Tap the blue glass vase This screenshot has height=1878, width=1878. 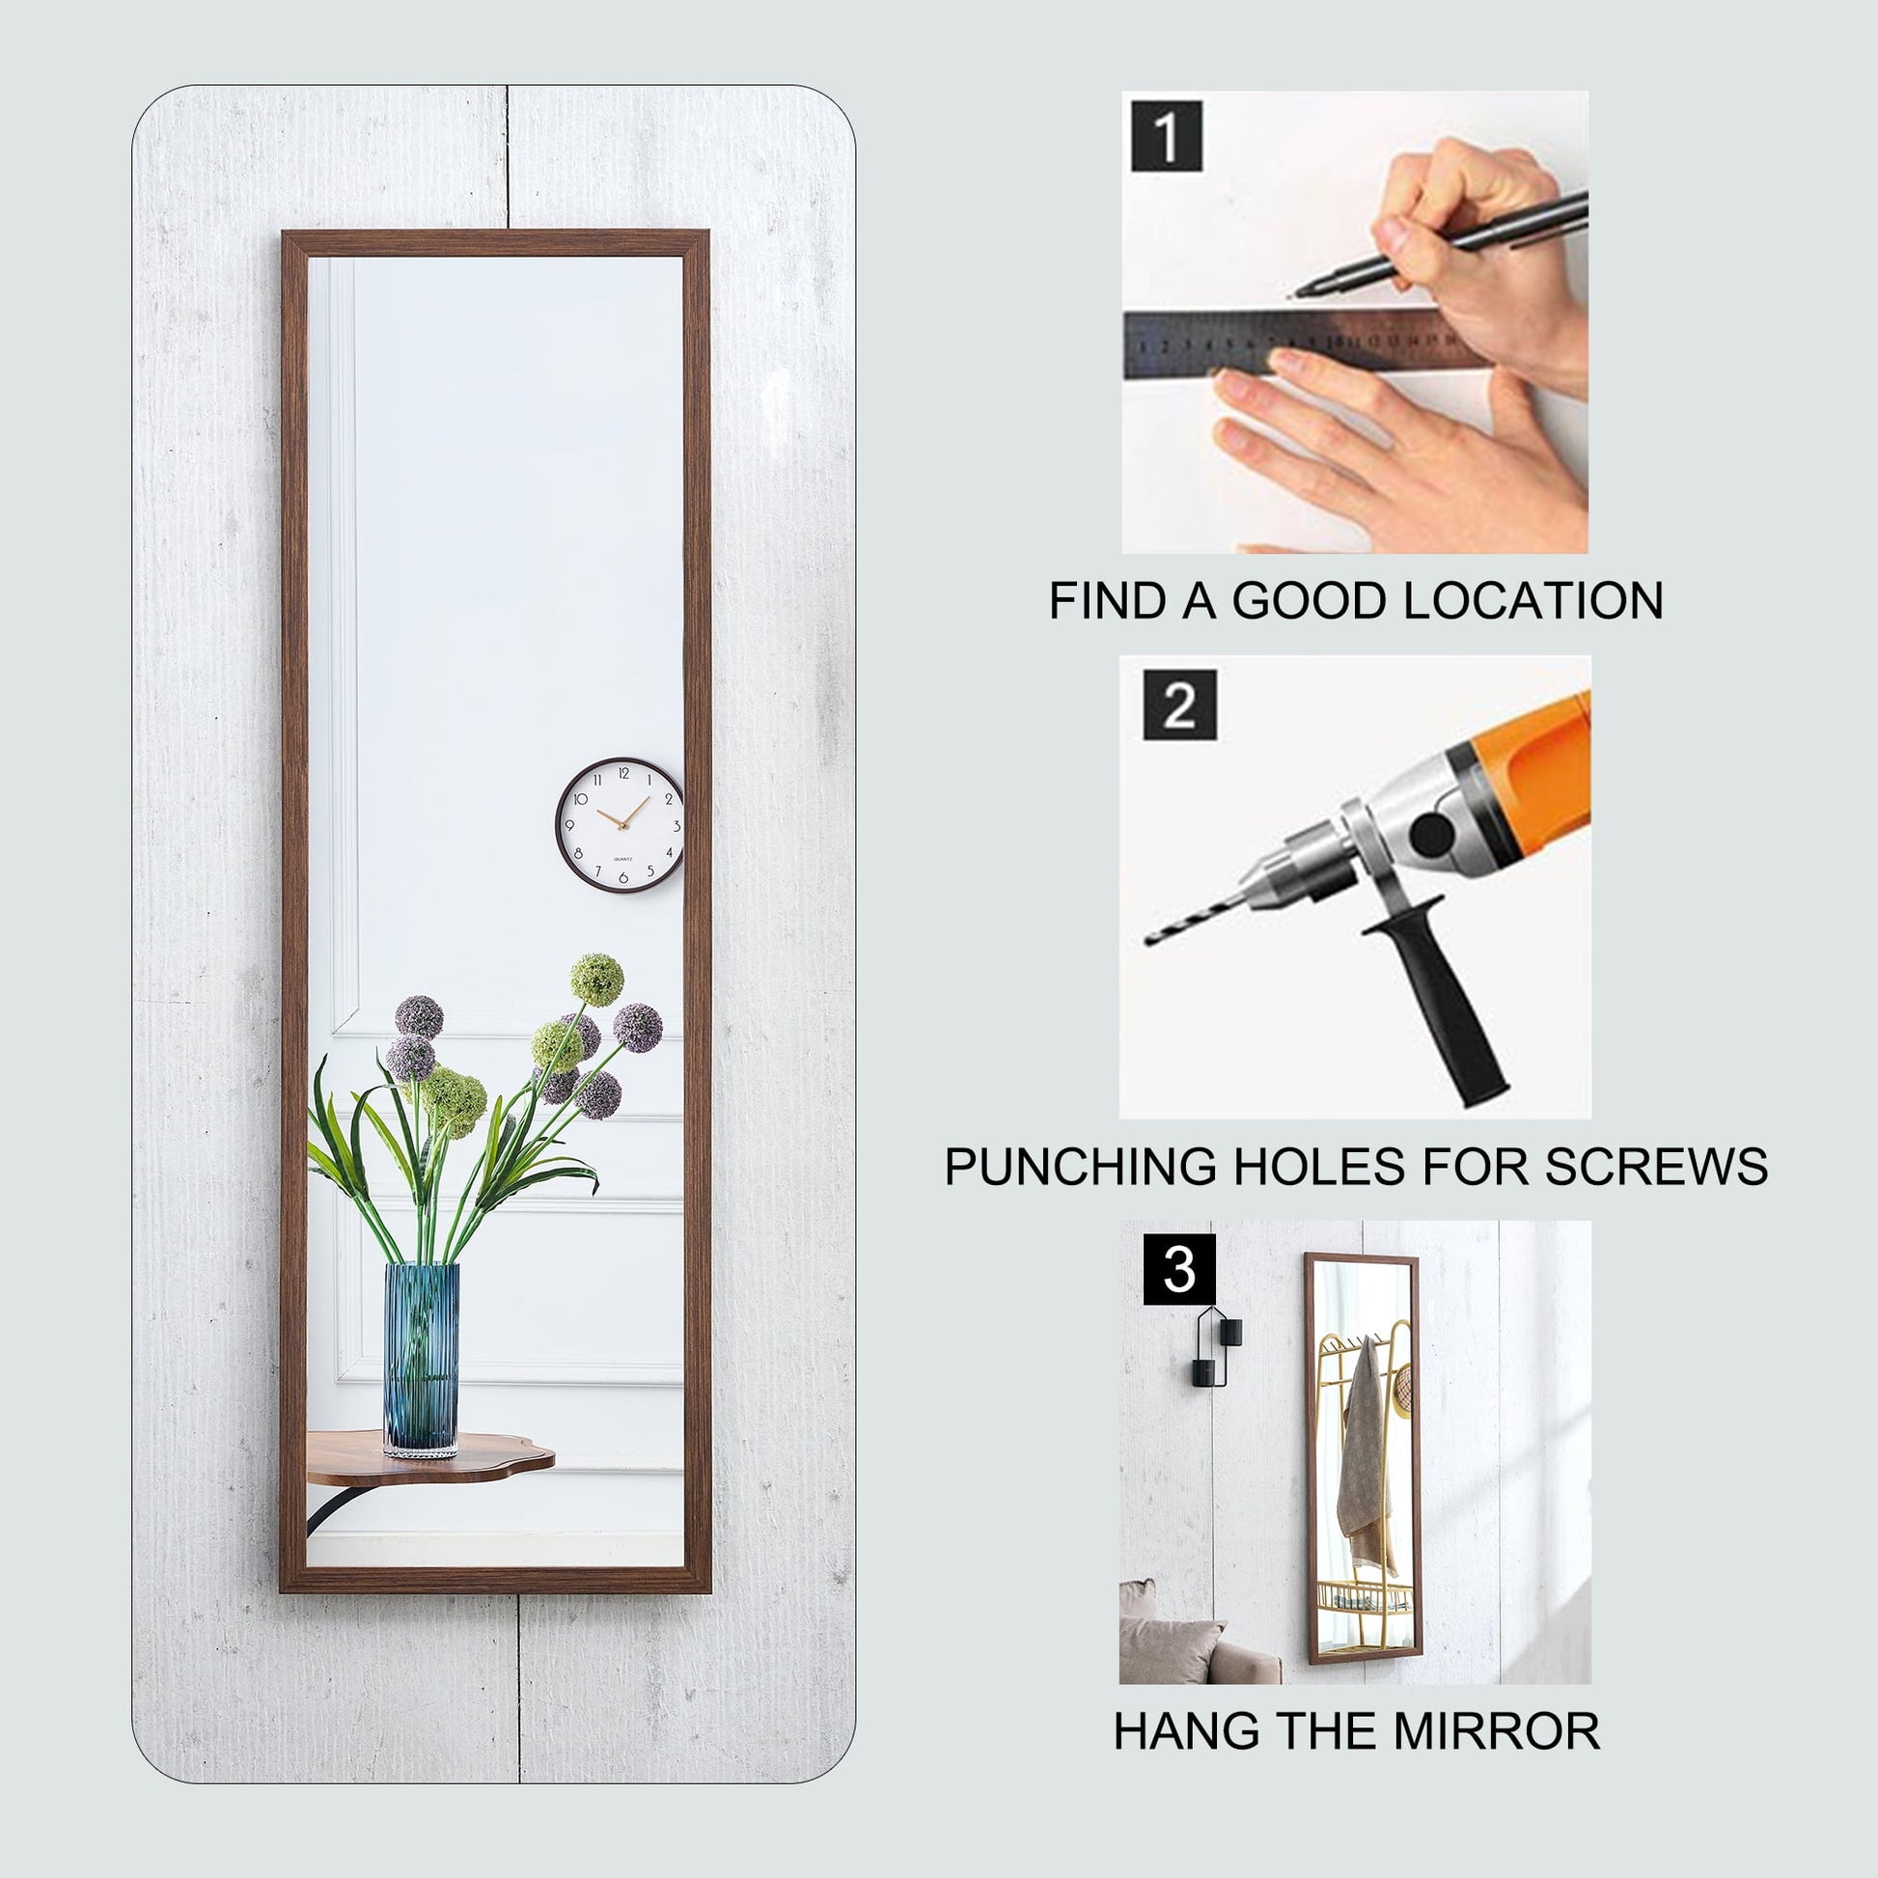coord(422,1359)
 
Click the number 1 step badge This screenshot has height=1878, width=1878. coord(1167,135)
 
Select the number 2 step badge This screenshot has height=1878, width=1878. coord(1179,704)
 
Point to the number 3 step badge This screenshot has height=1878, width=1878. coord(1179,1268)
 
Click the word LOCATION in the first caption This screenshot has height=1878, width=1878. coord(1533,600)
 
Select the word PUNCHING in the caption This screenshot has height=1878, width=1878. coord(1080,1166)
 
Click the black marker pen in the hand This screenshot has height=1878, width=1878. coord(1439,243)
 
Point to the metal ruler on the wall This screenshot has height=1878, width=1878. coord(1303,344)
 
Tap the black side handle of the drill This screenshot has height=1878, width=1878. coord(1441,1011)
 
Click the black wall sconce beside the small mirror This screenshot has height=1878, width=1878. coord(1216,1346)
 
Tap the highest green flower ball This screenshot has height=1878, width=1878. coord(595,979)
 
